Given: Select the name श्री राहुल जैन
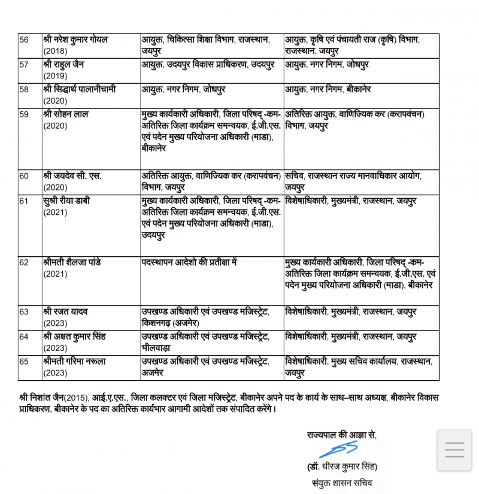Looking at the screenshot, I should tap(65, 65).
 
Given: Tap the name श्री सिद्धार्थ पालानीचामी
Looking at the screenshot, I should tap(80, 89).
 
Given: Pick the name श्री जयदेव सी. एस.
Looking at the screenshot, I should tap(72, 175).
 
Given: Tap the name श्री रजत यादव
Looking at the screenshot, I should tap(66, 312).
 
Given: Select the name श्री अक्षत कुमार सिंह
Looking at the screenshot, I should tap(75, 337).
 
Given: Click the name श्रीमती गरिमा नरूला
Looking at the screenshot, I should tap(76, 362).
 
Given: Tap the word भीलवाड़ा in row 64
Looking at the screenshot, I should tap(157, 348).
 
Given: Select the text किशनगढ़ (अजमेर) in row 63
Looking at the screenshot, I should tap(171, 323).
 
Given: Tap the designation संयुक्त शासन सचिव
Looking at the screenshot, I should tap(342, 482).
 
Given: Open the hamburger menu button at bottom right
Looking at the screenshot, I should tap(454, 450).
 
